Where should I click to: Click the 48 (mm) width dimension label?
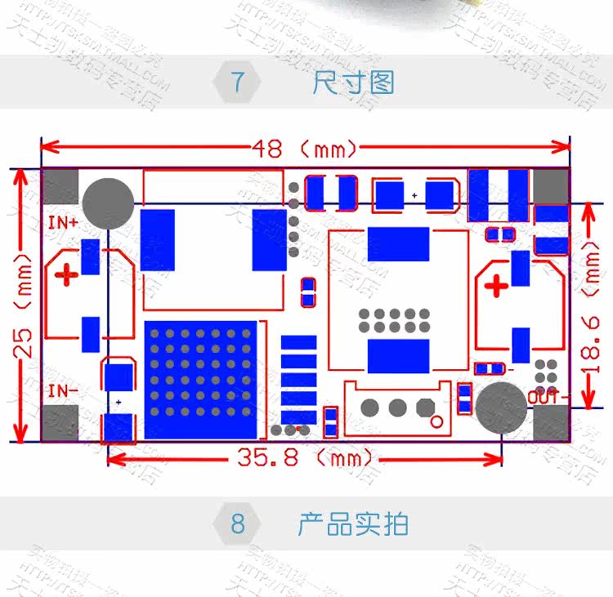point(305,149)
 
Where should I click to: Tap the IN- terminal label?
point(63,390)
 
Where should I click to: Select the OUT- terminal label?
point(544,397)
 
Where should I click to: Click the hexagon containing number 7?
point(238,82)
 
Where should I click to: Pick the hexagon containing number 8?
point(238,523)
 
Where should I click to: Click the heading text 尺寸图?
point(354,82)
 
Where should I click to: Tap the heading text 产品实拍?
point(352,523)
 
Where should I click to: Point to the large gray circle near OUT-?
point(501,408)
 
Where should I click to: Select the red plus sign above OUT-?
point(496,287)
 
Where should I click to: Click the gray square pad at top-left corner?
point(60,185)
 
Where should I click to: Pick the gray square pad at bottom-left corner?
point(60,425)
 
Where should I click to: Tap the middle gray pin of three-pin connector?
point(398,407)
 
